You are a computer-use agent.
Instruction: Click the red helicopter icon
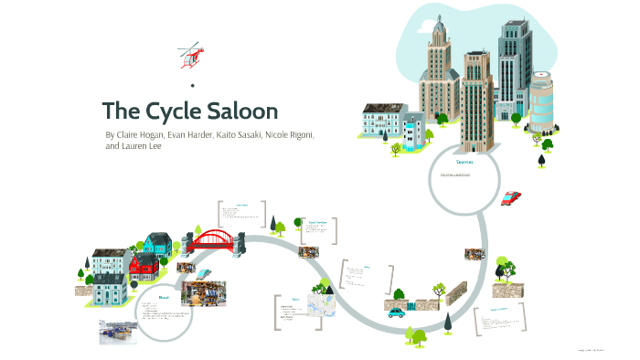click(189, 55)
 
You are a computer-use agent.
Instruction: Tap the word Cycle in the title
click(171, 111)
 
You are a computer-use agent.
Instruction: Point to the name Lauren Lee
click(142, 145)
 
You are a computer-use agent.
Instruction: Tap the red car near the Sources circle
click(511, 196)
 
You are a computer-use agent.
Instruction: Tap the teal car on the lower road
click(396, 312)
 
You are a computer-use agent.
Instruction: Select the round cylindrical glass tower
click(542, 101)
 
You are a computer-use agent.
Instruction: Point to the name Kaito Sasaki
click(232, 134)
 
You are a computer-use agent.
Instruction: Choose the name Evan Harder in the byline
click(186, 134)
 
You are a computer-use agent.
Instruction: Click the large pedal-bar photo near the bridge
click(207, 292)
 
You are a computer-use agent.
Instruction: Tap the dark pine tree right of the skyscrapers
click(542, 160)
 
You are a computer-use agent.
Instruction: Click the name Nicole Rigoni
click(286, 134)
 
